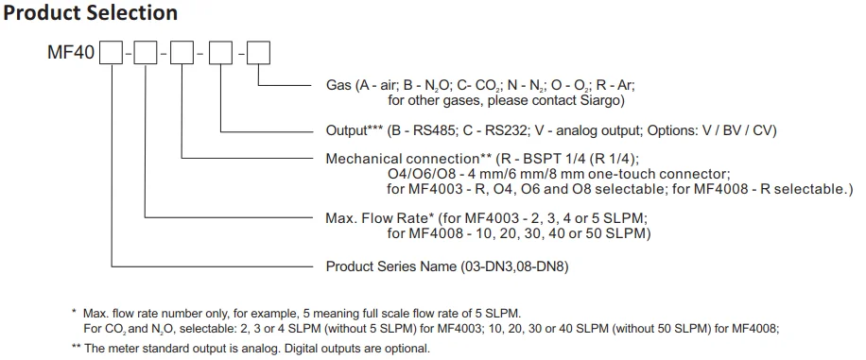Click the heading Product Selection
(x=91, y=13)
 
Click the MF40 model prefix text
(x=70, y=54)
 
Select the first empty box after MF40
(x=113, y=54)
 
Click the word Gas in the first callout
(x=339, y=86)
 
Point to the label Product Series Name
(x=396, y=266)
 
